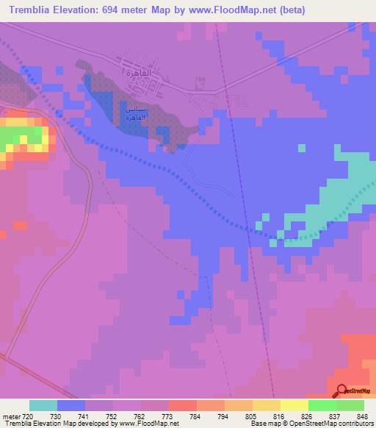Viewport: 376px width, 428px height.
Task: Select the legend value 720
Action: (x=29, y=416)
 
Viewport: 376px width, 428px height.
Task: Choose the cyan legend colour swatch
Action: (x=43, y=405)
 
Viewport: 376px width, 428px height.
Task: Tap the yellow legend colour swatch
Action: (x=294, y=405)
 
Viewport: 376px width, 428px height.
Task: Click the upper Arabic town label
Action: (x=138, y=74)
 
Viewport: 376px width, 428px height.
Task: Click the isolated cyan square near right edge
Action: (x=301, y=148)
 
